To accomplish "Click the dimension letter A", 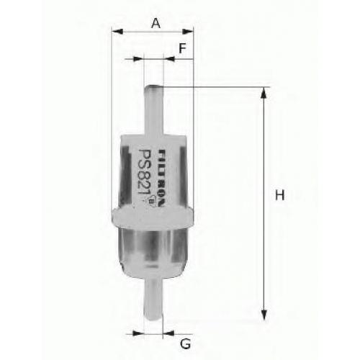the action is (156, 23).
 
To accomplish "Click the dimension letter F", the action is (183, 48).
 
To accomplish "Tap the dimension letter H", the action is (279, 195).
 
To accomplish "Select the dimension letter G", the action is (186, 344).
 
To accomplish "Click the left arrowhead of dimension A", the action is (117, 32).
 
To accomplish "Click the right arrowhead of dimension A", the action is (188, 32).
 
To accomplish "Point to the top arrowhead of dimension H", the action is (264, 93).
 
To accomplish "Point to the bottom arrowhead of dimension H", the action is (264, 315).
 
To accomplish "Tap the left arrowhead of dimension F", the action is (138, 58).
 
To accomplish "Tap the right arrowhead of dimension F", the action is (169, 58).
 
